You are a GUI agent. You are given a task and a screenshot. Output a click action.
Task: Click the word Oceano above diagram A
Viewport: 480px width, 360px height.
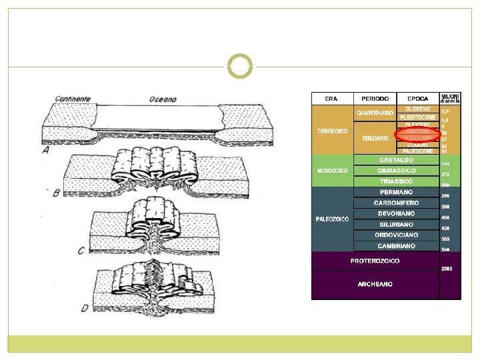click(x=161, y=99)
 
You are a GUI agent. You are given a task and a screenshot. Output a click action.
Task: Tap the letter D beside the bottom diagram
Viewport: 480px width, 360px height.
click(x=84, y=308)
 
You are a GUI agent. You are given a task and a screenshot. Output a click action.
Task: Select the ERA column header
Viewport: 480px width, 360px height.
click(x=331, y=99)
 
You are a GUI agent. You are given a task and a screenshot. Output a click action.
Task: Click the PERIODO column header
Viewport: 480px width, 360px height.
click(x=375, y=99)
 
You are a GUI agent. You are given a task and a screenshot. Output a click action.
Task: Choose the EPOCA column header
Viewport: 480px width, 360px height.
click(x=418, y=99)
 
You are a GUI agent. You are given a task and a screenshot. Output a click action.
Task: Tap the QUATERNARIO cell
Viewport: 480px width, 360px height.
click(x=375, y=113)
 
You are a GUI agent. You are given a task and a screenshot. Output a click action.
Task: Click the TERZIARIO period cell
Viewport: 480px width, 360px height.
click(x=375, y=138)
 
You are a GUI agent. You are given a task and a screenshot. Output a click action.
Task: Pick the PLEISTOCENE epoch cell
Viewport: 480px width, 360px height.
click(x=418, y=117)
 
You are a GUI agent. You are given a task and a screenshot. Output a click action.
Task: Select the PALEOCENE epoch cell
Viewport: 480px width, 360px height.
click(x=418, y=151)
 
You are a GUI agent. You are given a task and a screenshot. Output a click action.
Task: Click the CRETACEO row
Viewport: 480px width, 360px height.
click(x=396, y=160)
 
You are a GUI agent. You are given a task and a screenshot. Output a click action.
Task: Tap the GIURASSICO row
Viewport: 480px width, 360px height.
click(x=396, y=171)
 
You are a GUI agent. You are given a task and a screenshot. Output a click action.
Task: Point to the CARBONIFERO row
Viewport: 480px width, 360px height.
click(x=396, y=203)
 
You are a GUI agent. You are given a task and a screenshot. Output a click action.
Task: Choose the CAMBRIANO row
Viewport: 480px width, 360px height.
click(x=396, y=245)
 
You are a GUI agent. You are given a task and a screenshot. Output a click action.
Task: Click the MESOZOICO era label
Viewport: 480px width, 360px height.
click(x=331, y=171)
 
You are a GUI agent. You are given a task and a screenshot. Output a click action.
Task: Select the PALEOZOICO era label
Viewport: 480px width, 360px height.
click(x=332, y=219)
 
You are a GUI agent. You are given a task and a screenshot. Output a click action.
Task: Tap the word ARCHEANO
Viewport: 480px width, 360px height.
click(x=375, y=284)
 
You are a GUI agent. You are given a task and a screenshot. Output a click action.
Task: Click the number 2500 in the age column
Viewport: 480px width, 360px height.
click(x=447, y=269)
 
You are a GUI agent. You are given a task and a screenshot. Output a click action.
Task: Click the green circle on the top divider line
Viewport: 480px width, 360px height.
click(x=240, y=66)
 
